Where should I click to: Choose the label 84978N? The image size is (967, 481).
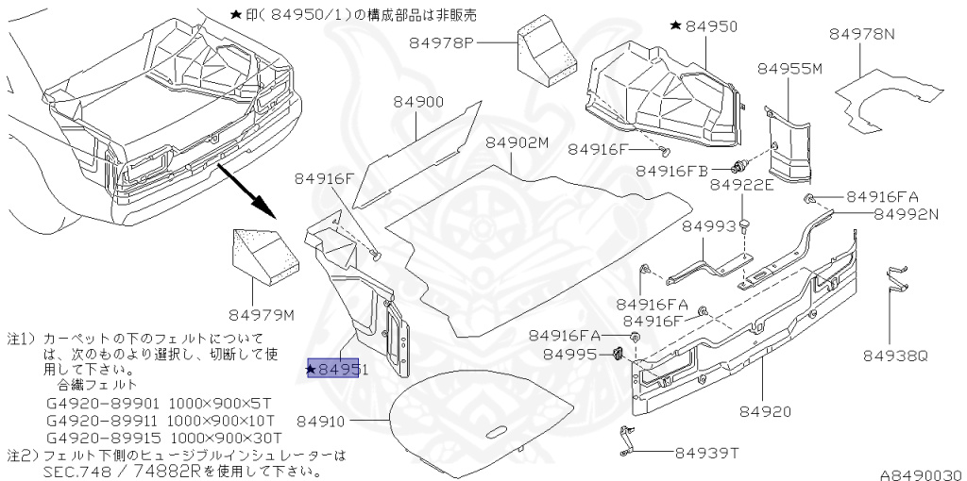click(862, 33)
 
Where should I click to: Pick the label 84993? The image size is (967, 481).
click(709, 226)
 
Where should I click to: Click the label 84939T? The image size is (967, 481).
click(704, 452)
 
